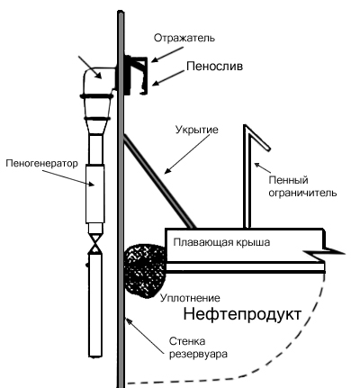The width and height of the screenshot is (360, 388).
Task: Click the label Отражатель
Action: (184, 38)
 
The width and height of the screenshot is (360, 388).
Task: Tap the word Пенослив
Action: (214, 67)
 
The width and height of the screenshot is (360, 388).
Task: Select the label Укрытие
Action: (197, 130)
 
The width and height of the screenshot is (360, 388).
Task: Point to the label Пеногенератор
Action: (41, 163)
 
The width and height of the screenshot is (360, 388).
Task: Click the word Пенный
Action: (288, 180)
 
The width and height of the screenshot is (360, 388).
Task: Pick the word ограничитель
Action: (302, 193)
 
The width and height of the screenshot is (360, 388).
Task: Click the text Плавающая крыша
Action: (221, 242)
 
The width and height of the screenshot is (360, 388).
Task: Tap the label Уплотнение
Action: (190, 298)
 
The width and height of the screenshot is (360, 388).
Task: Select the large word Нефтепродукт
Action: (242, 314)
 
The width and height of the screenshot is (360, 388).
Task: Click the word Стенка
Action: (187, 341)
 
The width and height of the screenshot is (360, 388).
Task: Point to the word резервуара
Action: (198, 354)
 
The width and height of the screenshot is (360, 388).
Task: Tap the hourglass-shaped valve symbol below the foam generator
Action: (95, 244)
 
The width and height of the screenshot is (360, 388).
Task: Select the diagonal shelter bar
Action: (159, 181)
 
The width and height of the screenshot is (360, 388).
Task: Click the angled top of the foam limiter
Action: (258, 137)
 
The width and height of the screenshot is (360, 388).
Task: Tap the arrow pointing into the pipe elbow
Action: (90, 68)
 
